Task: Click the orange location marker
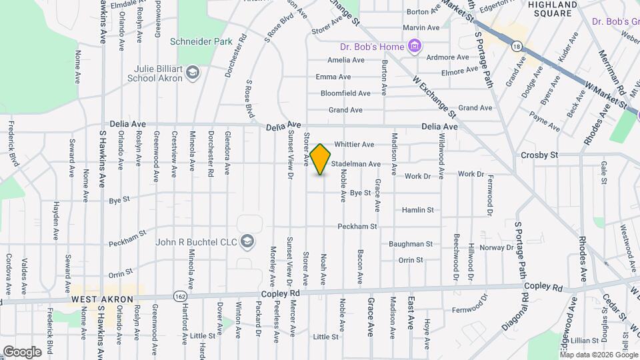tap(321, 159)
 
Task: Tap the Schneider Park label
tap(201, 41)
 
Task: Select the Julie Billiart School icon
tap(193, 72)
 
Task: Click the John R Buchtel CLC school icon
tap(248, 240)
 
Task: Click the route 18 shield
tap(517, 46)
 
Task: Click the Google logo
tap(22, 351)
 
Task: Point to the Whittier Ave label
tap(354, 144)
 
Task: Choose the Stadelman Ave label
tap(355, 163)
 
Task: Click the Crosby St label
tap(539, 155)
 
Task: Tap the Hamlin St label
tap(417, 210)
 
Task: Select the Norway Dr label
tap(497, 247)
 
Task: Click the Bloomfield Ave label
tap(345, 93)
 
